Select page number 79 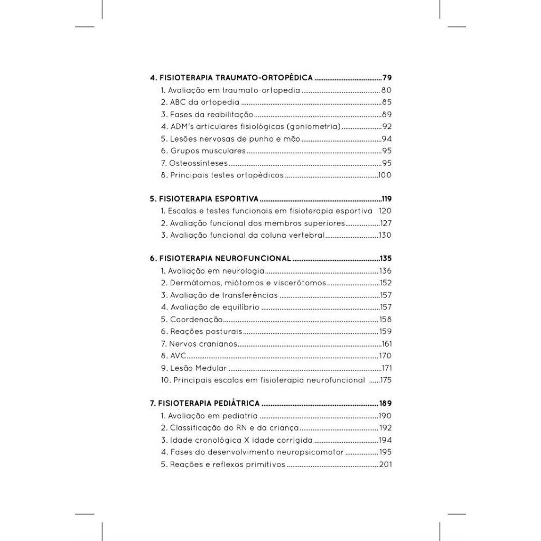387,78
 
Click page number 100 385,175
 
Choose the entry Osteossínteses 194,163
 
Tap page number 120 385,211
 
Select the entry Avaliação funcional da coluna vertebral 242,236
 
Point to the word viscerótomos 300,283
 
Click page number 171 386,368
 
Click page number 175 385,380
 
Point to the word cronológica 222,441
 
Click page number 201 385,465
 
